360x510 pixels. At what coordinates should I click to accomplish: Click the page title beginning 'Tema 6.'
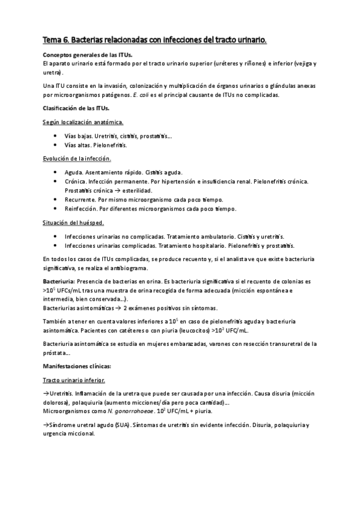click(154, 40)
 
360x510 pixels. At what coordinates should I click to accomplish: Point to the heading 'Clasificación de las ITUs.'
click(75, 108)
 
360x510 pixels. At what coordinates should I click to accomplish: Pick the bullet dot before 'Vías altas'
click(55, 145)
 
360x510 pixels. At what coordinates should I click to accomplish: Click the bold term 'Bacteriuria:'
click(58, 281)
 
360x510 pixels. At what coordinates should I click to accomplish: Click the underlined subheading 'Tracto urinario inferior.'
click(75, 380)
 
